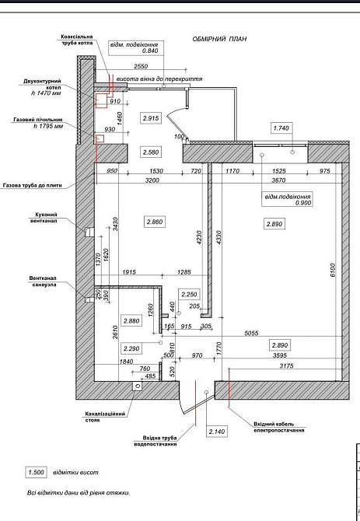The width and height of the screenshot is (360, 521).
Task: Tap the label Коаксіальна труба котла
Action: (77, 40)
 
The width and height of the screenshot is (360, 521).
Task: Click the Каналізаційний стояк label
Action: (102, 417)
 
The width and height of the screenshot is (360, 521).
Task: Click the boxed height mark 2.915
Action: (151, 117)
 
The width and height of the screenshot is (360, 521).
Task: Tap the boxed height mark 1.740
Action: (281, 128)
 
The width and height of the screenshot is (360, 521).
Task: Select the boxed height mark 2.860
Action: (156, 222)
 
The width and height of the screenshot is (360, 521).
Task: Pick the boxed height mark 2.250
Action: (190, 294)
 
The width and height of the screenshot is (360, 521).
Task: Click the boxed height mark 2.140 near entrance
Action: (216, 431)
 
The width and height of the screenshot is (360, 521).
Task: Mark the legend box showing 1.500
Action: (36, 472)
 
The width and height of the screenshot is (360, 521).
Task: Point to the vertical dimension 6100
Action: (331, 271)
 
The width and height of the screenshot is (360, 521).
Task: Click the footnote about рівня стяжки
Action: (77, 492)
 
